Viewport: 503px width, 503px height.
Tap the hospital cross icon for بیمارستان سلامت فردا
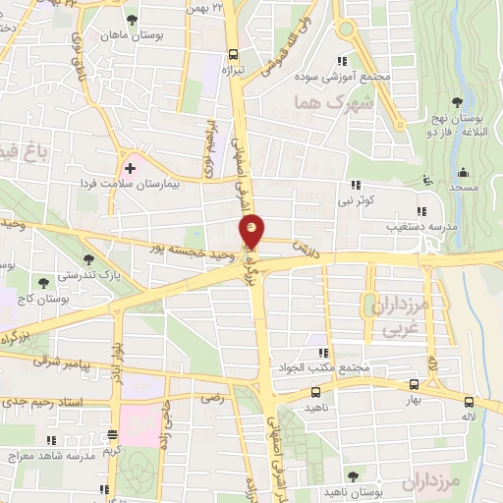[130, 168]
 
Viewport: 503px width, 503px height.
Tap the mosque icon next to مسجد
[425, 180]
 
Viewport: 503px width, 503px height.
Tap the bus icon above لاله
[470, 402]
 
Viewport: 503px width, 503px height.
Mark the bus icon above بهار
[414, 385]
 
